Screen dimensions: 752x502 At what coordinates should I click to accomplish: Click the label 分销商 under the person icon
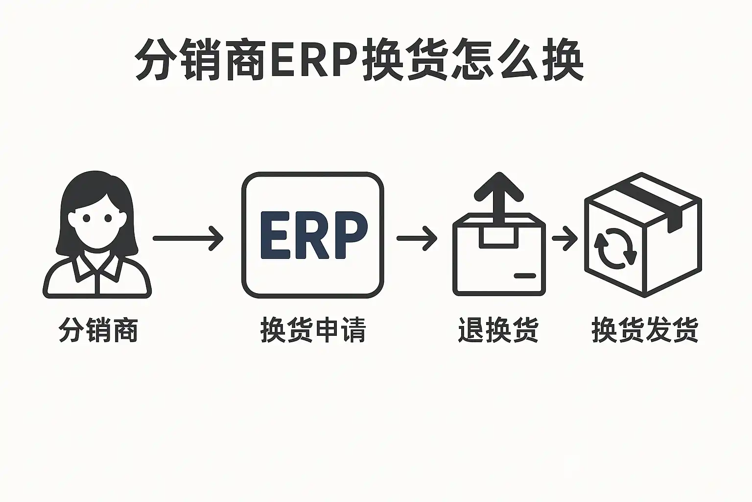click(98, 329)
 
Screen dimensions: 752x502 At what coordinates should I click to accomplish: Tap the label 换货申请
click(313, 329)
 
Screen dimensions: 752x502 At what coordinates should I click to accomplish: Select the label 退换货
click(498, 329)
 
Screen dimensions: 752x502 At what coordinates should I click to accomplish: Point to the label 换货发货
click(645, 329)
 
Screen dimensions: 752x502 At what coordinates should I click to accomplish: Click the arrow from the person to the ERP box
click(188, 238)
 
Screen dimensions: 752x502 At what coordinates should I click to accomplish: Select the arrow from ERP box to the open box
click(417, 238)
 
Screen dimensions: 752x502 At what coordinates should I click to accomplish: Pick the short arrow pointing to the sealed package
click(564, 238)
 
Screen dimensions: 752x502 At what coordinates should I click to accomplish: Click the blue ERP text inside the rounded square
click(314, 235)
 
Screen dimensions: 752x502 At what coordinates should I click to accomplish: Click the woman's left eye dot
click(87, 218)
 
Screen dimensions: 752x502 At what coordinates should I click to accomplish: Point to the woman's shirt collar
click(97, 267)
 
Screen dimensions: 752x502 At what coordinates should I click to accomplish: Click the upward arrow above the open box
click(499, 199)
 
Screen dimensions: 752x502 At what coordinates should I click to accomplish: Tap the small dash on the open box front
click(525, 276)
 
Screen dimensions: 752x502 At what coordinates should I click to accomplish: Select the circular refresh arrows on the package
click(615, 249)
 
